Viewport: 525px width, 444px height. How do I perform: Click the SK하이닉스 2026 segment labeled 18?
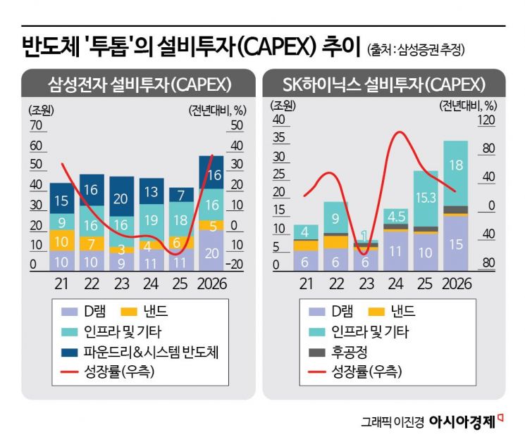tap(456, 166)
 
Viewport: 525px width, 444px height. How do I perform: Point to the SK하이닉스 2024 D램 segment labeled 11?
tap(396, 250)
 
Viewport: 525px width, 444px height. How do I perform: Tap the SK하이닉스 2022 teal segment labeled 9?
tap(335, 217)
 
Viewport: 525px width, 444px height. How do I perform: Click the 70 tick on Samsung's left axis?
tap(36, 127)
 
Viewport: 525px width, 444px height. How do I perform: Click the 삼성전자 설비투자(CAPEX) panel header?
tap(139, 84)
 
